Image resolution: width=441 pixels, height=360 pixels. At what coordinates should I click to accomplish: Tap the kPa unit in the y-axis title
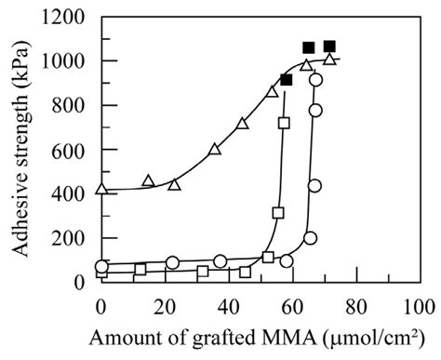(22, 73)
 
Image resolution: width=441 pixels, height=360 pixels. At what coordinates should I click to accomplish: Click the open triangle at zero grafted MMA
(101, 189)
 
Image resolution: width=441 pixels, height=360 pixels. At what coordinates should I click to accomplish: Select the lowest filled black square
(286, 80)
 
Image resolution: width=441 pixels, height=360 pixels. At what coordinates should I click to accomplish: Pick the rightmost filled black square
(329, 47)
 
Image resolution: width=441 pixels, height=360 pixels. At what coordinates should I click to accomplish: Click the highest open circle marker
(316, 80)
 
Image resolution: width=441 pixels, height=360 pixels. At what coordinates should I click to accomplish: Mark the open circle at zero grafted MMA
(101, 267)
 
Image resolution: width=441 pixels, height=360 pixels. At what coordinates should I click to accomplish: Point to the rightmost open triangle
(329, 60)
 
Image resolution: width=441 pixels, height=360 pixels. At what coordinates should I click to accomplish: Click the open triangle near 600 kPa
(215, 149)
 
